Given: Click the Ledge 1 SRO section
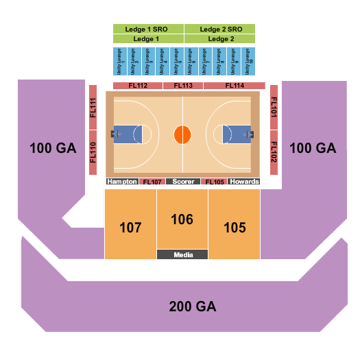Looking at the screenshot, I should coord(148,29).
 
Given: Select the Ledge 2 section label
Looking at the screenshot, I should coord(221,39).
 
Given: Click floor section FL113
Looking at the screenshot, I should coord(183,86).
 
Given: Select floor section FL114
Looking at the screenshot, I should coord(234,86).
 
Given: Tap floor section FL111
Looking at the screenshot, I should coord(93,108).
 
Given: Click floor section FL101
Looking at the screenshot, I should coord(274,108).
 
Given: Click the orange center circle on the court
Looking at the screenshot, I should coord(182,134).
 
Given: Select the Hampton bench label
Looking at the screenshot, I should coord(122,182).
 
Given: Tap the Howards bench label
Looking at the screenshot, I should coord(245,182).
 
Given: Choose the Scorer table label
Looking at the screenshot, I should coord(182,182).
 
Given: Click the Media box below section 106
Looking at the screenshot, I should coord(182,254).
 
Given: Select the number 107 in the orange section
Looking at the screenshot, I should coord(130,227).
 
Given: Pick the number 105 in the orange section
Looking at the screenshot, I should coord(234,227).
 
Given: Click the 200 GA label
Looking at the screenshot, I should coord(192,307).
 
